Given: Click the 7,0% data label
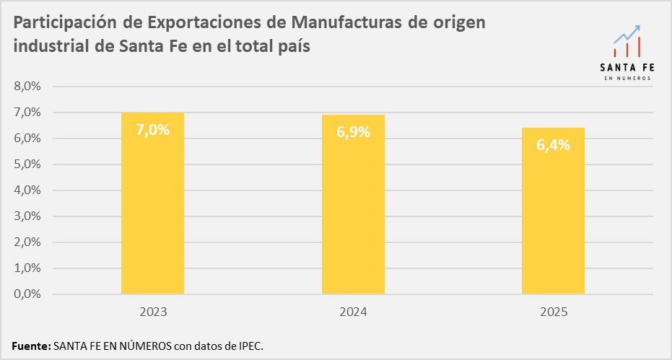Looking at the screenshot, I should click(152, 131).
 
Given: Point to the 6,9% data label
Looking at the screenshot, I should click(353, 133).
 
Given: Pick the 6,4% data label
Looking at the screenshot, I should click(553, 145).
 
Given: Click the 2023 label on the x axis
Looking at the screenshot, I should click(152, 312).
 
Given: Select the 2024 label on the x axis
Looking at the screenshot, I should click(353, 312).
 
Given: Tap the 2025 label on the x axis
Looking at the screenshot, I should click(553, 312).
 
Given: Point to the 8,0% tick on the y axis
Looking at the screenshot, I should click(27, 87).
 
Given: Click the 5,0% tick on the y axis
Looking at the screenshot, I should click(27, 164).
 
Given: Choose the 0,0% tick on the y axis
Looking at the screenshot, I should click(27, 294).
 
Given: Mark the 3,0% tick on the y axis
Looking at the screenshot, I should click(27, 216).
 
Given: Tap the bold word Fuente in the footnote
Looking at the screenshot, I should click(31, 346).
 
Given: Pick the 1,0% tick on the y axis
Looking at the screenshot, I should click(27, 268).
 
